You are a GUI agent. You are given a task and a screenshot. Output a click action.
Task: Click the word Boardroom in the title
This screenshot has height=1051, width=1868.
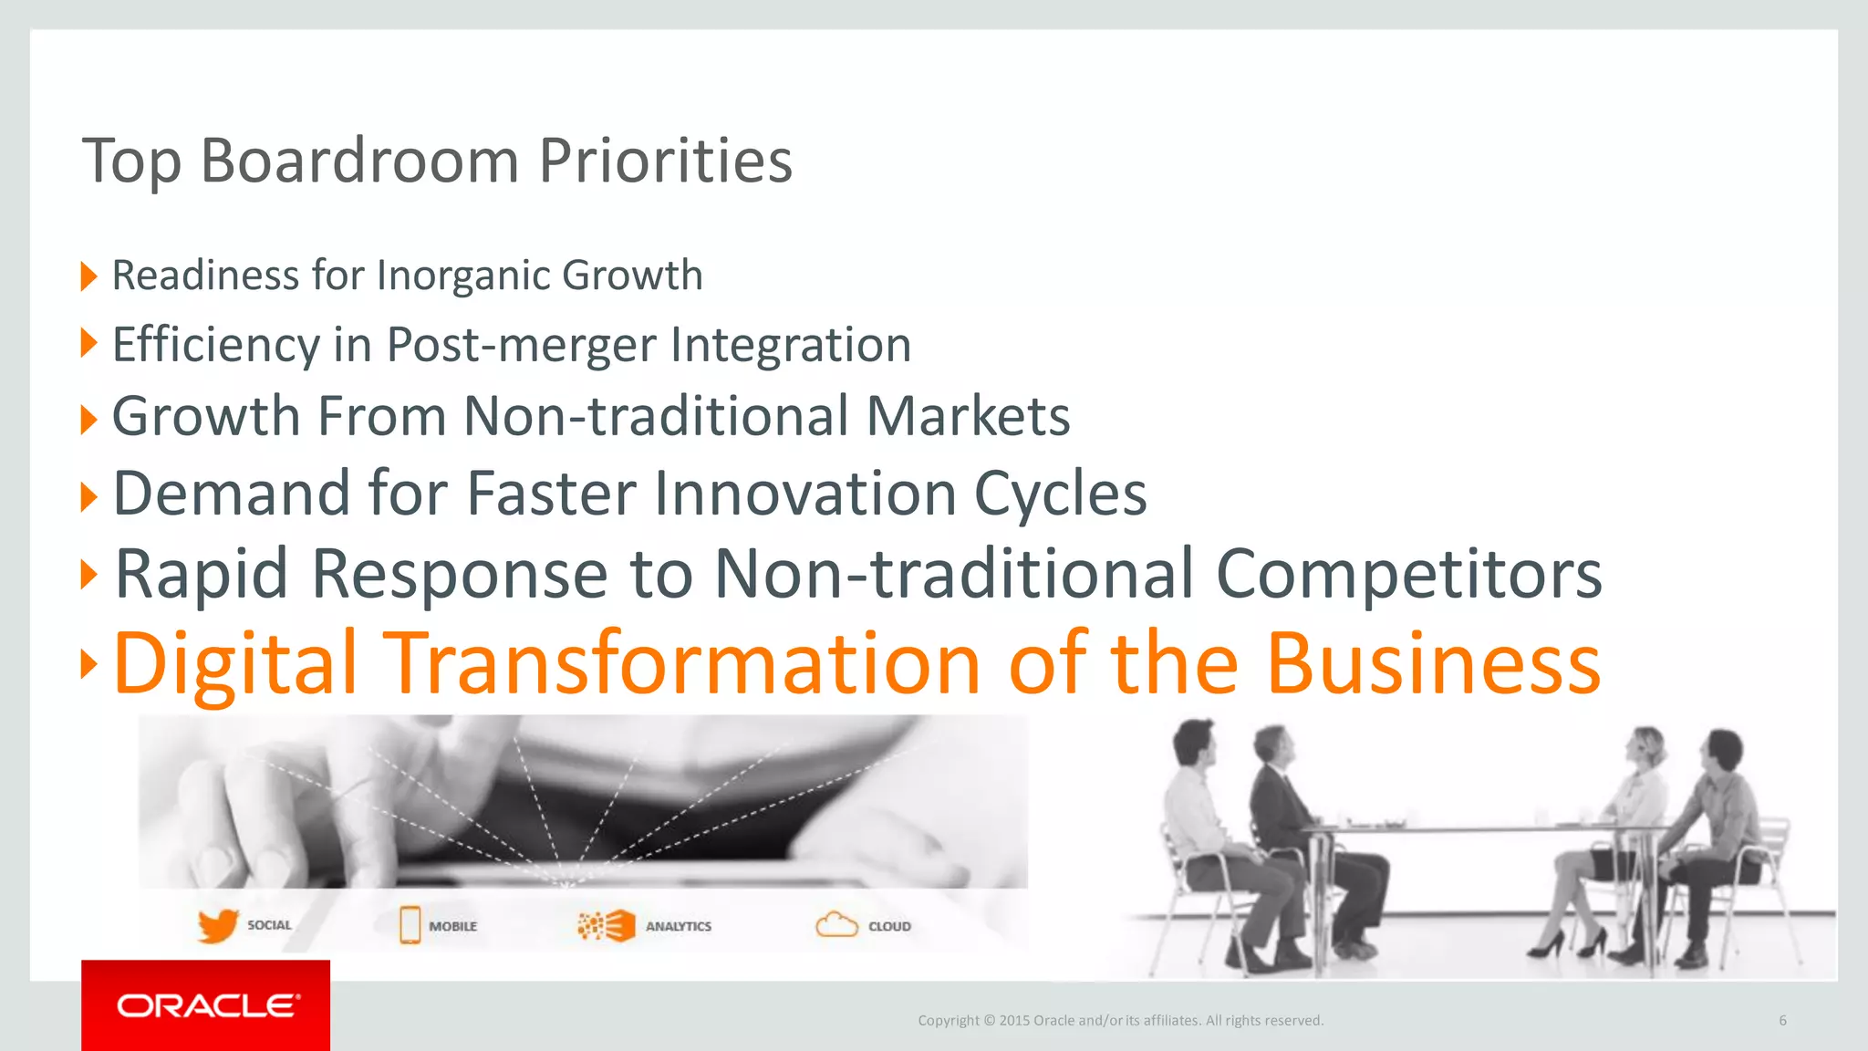[x=358, y=161]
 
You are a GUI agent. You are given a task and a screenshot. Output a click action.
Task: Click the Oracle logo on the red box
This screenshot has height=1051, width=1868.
[x=207, y=1005]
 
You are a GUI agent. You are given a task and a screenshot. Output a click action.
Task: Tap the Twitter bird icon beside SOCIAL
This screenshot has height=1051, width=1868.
[x=218, y=926]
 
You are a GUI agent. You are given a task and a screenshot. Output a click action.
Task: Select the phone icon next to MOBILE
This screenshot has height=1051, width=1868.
[x=410, y=925]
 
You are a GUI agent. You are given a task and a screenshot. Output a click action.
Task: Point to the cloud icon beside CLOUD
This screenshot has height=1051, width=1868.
[x=835, y=925]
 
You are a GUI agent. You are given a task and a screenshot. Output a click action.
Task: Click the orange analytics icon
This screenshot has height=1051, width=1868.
[x=607, y=925]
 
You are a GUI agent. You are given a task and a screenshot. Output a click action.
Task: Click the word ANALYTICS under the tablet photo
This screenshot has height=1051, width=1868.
[x=678, y=926]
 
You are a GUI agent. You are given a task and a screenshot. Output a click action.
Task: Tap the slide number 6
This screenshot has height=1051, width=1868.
[x=1782, y=1020]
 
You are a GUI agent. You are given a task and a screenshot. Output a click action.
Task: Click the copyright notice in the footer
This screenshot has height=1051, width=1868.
[x=1120, y=1020]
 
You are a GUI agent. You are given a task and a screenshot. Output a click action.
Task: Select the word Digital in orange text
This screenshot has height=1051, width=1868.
[x=234, y=664]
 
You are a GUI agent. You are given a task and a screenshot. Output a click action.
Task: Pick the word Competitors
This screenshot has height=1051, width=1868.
[x=1408, y=575]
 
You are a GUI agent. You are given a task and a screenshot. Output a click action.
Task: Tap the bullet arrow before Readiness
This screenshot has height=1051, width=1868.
[x=88, y=276]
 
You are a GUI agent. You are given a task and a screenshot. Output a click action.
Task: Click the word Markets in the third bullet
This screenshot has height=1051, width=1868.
[x=968, y=417]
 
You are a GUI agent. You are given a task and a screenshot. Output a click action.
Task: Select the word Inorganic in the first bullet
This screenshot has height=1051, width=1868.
[x=462, y=276]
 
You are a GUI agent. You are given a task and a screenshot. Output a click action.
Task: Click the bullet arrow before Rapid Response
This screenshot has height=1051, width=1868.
[x=88, y=575]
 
